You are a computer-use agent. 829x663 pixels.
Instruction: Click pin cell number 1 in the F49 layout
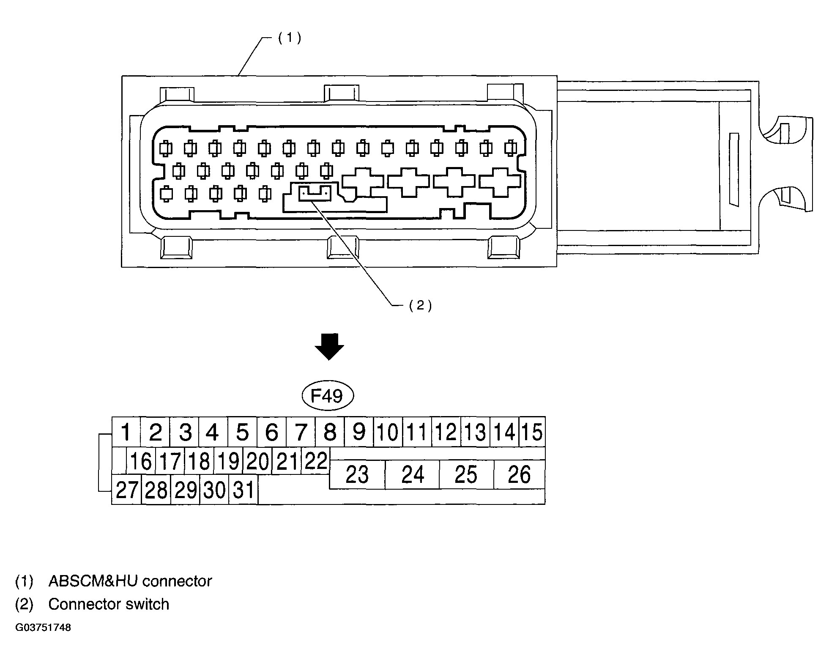(x=126, y=432)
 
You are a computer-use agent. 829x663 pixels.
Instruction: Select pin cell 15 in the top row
(x=532, y=432)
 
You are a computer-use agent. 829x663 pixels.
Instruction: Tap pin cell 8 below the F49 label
(x=330, y=432)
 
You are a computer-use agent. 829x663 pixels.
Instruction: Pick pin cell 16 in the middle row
(x=141, y=461)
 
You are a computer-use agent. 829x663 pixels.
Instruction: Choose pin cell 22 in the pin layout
(x=316, y=461)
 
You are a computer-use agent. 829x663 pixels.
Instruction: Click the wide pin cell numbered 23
(x=357, y=474)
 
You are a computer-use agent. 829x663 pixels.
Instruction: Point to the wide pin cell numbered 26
(x=519, y=474)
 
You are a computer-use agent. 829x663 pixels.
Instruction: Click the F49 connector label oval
(x=328, y=396)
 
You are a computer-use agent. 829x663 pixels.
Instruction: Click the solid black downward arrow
(x=329, y=347)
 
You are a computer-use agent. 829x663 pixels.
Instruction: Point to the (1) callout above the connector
(x=290, y=38)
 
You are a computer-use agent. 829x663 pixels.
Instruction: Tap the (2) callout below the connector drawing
(x=420, y=305)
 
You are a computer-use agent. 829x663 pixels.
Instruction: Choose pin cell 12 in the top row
(x=446, y=432)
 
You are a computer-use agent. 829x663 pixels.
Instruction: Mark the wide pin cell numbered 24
(x=412, y=474)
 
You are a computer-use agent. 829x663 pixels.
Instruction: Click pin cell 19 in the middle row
(x=228, y=461)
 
